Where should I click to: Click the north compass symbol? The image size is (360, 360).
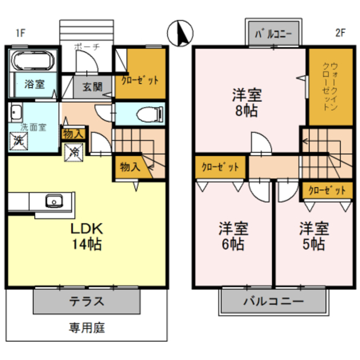[181, 34]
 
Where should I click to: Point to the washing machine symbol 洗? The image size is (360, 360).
[18, 141]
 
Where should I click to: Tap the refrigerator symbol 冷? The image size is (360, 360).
[74, 151]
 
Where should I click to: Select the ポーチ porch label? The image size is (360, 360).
[87, 47]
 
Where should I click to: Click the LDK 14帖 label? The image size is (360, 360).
[85, 237]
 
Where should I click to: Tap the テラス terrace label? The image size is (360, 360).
[87, 300]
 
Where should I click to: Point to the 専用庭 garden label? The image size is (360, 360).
[87, 327]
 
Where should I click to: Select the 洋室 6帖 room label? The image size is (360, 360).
[233, 236]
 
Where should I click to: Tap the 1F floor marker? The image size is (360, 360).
[20, 33]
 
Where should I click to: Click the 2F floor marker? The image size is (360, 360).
[340, 33]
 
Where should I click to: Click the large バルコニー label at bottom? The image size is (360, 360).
[273, 301]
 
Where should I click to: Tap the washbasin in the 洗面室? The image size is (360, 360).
[16, 111]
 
